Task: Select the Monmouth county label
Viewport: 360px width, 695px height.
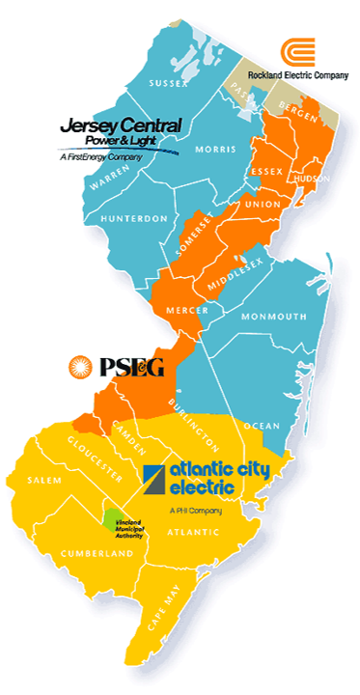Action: coord(275,317)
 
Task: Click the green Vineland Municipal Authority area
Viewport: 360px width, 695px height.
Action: coord(114,520)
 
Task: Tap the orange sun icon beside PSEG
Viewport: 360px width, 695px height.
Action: coord(81,366)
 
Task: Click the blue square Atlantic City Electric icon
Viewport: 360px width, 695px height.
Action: coord(153,478)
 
